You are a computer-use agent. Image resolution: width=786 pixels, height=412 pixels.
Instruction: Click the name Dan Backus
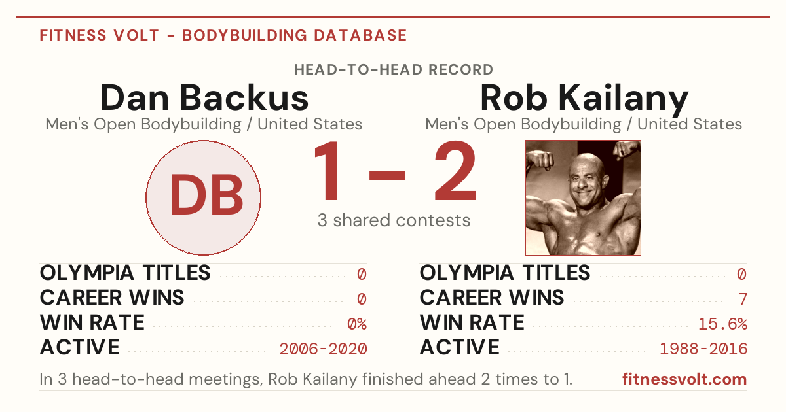coord(204,97)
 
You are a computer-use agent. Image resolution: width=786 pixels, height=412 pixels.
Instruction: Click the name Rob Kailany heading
coord(584,99)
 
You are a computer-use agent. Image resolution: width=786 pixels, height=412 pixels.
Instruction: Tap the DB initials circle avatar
coord(204,197)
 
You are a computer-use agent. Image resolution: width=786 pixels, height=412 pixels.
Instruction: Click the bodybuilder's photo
coord(583,198)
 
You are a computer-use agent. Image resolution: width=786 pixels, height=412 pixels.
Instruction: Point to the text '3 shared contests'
coord(394,221)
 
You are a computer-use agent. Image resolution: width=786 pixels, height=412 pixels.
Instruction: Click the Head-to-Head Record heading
coord(394,70)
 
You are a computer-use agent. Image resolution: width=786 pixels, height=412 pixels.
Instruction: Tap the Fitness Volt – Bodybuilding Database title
coord(223,35)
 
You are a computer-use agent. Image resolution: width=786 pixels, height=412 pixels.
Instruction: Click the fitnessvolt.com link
coord(684,379)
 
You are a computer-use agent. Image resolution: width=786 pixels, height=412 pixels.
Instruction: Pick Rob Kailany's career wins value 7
coord(743,300)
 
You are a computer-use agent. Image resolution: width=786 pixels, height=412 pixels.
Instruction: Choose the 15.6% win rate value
coord(722,324)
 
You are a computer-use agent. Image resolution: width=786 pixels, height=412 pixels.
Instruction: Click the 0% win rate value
coord(357,324)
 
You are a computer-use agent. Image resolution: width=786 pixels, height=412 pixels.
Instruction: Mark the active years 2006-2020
coord(323,349)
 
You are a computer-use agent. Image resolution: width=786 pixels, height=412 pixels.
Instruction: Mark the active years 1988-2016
coord(703,349)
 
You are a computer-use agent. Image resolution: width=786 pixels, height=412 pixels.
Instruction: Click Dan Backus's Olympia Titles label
coord(125,273)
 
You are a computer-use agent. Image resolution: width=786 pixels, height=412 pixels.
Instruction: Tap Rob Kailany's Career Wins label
coord(492,298)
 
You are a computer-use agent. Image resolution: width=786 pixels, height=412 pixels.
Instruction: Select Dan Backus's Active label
coord(80,347)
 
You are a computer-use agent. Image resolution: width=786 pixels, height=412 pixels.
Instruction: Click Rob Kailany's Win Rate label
coord(472,322)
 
